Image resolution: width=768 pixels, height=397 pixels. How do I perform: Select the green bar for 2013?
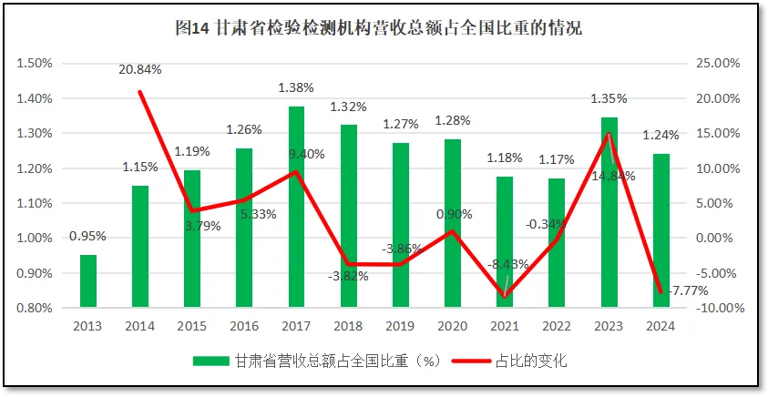(88, 281)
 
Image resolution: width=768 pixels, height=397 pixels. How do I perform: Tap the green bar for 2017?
(297, 207)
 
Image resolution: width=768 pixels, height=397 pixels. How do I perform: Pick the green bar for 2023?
(609, 212)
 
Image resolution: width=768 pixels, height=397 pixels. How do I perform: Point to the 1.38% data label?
(296, 88)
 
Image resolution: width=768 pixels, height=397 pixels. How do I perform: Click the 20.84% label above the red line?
(139, 69)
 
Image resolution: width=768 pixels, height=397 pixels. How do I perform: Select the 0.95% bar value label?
(87, 237)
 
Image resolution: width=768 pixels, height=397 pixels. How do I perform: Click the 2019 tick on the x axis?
(401, 326)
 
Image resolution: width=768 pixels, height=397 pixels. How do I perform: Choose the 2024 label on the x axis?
(661, 326)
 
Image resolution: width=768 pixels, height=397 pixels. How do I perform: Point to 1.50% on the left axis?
(32, 64)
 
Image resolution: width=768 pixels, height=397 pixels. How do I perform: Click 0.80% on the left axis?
(32, 308)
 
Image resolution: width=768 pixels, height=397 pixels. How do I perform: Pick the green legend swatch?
(211, 361)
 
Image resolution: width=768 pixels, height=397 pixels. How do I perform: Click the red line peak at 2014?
(140, 92)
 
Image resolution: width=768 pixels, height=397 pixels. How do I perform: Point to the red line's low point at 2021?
(506, 296)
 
